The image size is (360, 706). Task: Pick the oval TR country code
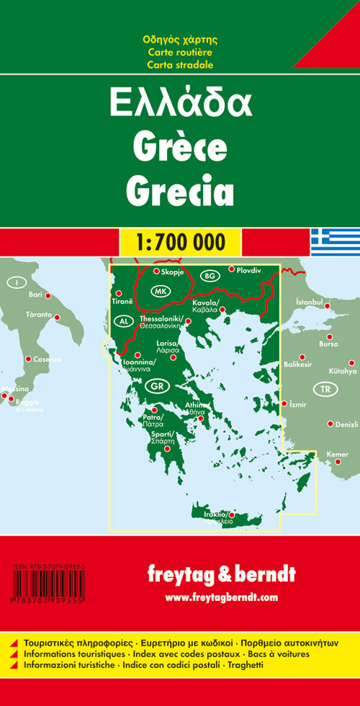coord(328,389)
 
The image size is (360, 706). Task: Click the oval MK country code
coord(159,291)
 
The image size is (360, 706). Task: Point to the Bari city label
coord(35,295)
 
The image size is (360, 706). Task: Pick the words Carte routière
coord(179,52)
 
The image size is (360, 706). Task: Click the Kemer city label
coord(337,453)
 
